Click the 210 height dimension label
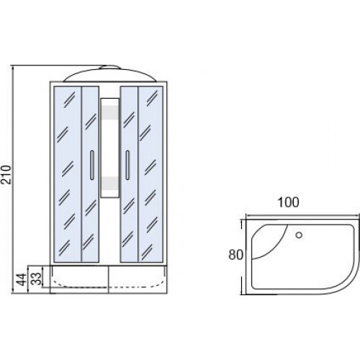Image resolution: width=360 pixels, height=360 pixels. [6, 174]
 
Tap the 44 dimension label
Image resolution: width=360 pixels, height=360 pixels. [22, 279]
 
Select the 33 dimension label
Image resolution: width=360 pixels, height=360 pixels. [37, 278]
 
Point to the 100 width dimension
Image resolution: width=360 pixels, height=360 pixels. [289, 202]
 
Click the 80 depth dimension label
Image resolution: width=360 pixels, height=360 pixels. [235, 255]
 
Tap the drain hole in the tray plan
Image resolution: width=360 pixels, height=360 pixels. [299, 235]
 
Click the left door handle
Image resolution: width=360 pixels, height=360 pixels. [92, 165]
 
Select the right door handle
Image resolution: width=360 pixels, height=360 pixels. [127, 165]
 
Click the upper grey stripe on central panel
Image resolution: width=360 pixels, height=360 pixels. [110, 112]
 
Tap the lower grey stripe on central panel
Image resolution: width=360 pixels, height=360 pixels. [110, 184]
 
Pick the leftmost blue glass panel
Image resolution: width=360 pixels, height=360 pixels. [68, 174]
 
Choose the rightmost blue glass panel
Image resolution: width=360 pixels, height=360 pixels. [150, 174]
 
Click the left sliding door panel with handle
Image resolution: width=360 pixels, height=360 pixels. [91, 174]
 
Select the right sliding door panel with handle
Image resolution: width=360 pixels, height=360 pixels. [129, 174]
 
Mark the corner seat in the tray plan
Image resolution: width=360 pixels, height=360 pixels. [266, 240]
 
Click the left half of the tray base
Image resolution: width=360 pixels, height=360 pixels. [79, 279]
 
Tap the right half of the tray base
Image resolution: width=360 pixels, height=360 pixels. [138, 279]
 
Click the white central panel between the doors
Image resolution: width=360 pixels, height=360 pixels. [110, 148]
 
